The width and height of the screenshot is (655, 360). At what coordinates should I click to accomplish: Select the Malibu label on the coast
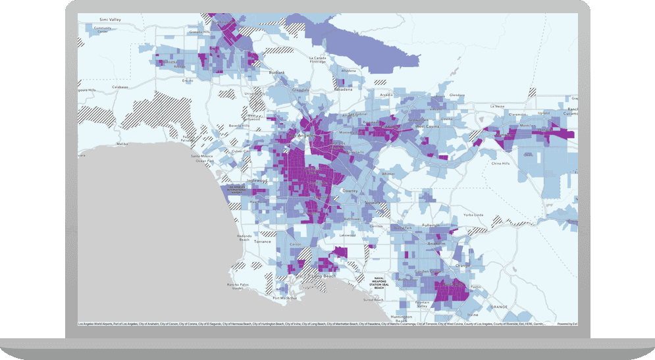pos(122,143)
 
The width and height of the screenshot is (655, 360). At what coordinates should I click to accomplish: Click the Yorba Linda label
pos(474,215)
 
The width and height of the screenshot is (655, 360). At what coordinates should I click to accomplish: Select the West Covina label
pos(427,126)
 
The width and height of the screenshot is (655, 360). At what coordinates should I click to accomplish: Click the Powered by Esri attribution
pos(566,324)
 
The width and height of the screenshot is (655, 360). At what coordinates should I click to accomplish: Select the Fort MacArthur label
pos(285,297)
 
